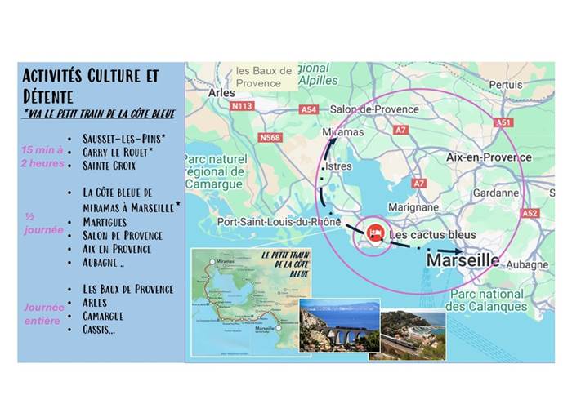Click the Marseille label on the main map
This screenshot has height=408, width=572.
(463, 260)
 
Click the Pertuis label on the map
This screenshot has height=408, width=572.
(505, 85)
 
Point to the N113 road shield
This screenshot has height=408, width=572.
(242, 106)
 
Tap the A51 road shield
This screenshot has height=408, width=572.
(503, 122)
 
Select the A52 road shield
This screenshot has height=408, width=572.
(530, 213)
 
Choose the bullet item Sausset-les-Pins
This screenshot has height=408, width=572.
(125, 138)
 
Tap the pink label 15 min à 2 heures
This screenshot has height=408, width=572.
(42, 156)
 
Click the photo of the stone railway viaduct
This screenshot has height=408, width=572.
(338, 325)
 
